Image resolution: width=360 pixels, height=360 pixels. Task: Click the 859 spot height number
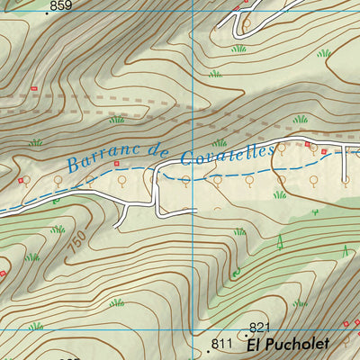(x=61, y=6)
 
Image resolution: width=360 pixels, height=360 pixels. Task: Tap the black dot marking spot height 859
(x=46, y=13)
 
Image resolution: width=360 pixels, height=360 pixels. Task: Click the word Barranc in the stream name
(x=102, y=162)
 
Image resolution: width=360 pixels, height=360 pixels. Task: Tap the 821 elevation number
(x=259, y=327)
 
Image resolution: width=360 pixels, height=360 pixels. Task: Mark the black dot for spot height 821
(x=246, y=334)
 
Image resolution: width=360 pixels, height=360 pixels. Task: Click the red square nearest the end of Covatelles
(x=307, y=144)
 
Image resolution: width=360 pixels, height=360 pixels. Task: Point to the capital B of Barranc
(x=72, y=166)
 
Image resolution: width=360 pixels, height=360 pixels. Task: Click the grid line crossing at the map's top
(x=193, y=2)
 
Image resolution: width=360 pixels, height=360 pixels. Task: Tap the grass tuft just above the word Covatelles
(x=219, y=142)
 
